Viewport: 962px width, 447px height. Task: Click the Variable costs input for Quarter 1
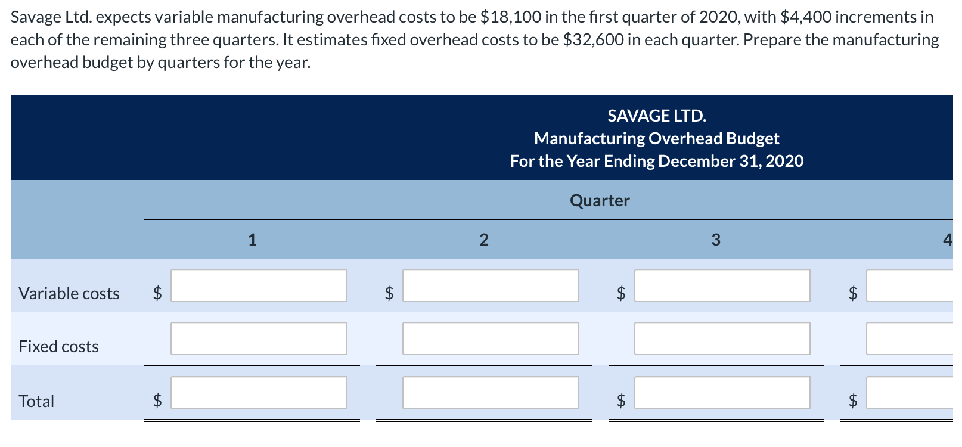pyautogui.click(x=258, y=285)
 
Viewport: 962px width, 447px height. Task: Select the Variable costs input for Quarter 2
pyautogui.click(x=490, y=285)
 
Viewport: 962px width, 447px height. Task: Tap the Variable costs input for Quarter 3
pyautogui.click(x=722, y=285)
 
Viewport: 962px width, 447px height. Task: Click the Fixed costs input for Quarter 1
pyautogui.click(x=258, y=339)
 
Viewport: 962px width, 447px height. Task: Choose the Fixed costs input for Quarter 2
pyautogui.click(x=490, y=339)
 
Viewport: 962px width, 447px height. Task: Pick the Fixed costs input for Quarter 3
pyautogui.click(x=722, y=339)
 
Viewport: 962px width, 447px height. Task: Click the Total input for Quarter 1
pyautogui.click(x=258, y=393)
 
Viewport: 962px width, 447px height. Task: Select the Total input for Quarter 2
pyautogui.click(x=490, y=393)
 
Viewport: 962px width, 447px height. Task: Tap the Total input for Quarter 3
pyautogui.click(x=722, y=393)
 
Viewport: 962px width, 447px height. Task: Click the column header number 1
pyautogui.click(x=252, y=240)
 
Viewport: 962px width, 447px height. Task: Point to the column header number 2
pyautogui.click(x=484, y=240)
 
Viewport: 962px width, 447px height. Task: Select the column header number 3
pyautogui.click(x=716, y=240)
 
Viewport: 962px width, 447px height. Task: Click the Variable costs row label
pyautogui.click(x=69, y=293)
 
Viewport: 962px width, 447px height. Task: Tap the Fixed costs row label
pyautogui.click(x=58, y=346)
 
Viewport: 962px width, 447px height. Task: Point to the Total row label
pyautogui.click(x=36, y=401)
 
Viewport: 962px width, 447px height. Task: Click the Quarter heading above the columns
pyautogui.click(x=600, y=200)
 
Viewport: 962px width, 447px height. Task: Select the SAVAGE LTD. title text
pyautogui.click(x=656, y=116)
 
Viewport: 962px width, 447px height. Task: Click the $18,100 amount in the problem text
pyautogui.click(x=510, y=17)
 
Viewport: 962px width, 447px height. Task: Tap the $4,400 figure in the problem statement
pyautogui.click(x=805, y=17)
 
